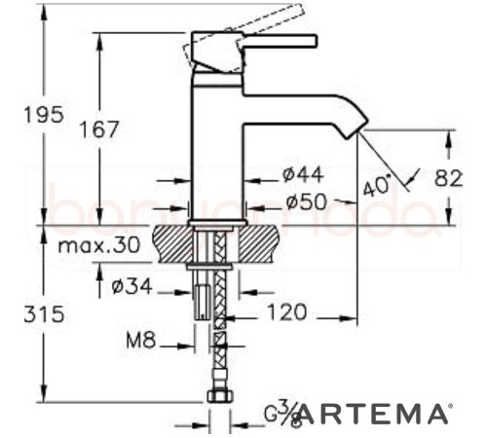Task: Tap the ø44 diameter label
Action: tap(302, 174)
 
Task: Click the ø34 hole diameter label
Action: tap(131, 288)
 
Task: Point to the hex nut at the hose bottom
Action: tap(218, 397)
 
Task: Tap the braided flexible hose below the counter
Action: tap(219, 321)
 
